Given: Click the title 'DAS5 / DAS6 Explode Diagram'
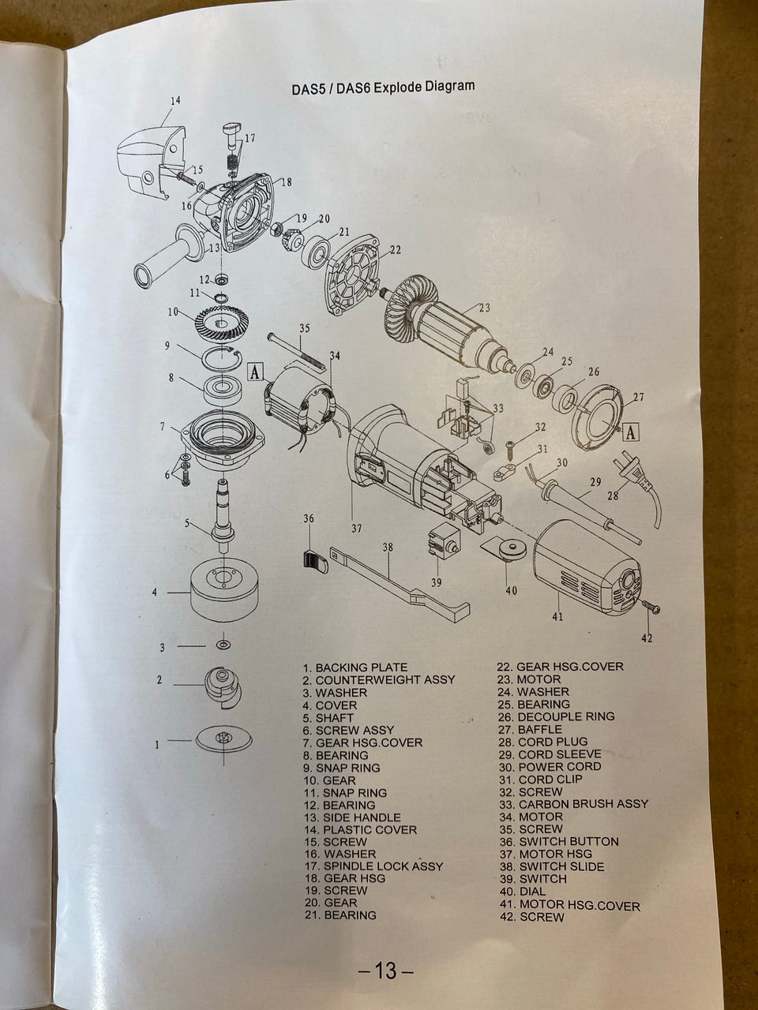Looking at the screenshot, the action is tap(383, 87).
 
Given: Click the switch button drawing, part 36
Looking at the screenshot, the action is tap(315, 561).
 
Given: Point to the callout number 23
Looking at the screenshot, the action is tap(484, 309).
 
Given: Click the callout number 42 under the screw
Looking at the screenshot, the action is tap(647, 638).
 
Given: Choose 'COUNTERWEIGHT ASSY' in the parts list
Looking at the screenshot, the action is tap(385, 679).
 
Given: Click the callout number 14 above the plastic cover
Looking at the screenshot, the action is tap(175, 100).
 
